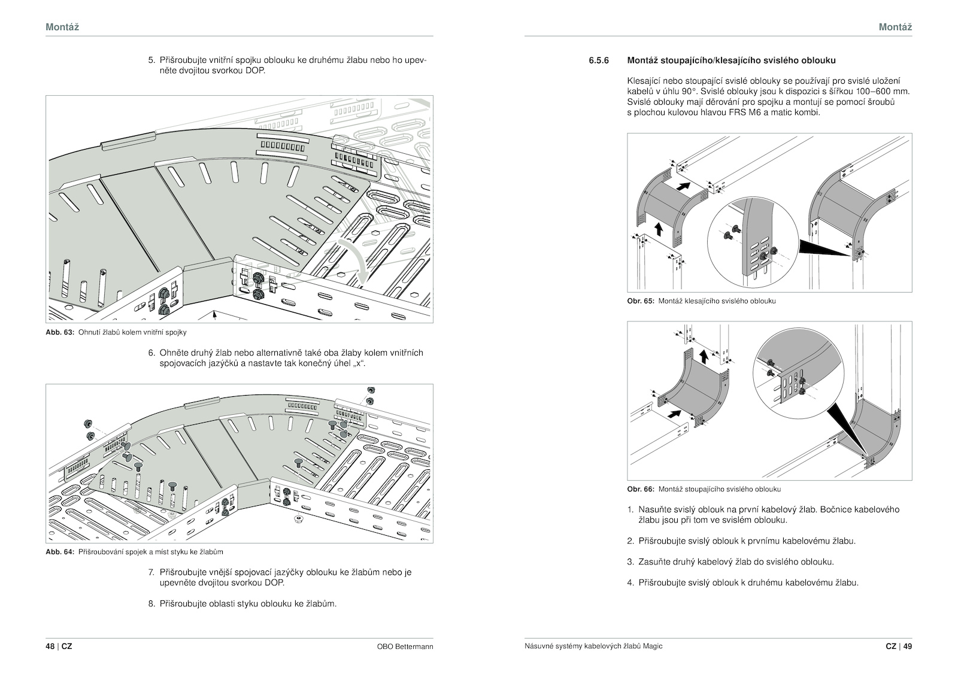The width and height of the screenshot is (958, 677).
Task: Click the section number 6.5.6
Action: tap(598, 60)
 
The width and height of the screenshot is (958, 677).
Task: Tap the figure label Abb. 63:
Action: tap(60, 332)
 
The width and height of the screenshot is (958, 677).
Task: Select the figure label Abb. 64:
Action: tap(60, 552)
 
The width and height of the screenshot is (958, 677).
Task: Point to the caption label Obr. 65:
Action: tap(641, 301)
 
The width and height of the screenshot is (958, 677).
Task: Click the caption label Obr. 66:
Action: tap(641, 489)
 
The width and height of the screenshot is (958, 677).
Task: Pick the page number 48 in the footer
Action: tap(50, 646)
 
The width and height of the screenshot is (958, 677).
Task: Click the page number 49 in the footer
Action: tap(907, 646)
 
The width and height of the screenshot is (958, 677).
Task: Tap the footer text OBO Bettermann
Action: tap(405, 646)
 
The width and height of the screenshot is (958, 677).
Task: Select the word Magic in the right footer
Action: tap(652, 646)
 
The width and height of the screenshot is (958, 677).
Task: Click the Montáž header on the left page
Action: tap(62, 27)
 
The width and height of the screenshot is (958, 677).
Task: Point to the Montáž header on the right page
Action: tap(896, 27)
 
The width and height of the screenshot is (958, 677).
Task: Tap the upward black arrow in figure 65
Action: tap(659, 229)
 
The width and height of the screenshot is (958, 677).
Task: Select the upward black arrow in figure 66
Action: tap(703, 356)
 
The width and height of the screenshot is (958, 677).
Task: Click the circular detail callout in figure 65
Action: tap(753, 242)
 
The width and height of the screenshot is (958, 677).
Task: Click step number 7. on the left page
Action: tap(151, 572)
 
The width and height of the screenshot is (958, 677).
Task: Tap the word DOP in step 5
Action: tap(255, 71)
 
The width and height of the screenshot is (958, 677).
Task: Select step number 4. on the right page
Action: tap(630, 582)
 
